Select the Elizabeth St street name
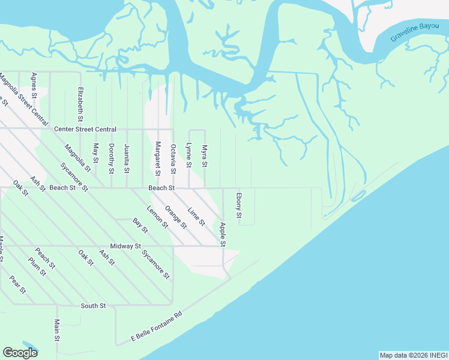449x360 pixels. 80,104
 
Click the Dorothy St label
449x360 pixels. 111,159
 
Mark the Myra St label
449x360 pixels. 205,156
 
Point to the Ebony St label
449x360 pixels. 239,206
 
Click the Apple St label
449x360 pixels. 223,235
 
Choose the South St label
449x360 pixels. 93,306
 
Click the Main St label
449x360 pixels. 57,331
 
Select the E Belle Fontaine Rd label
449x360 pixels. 157,327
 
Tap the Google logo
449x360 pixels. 20,353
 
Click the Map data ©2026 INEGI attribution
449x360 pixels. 413,355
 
